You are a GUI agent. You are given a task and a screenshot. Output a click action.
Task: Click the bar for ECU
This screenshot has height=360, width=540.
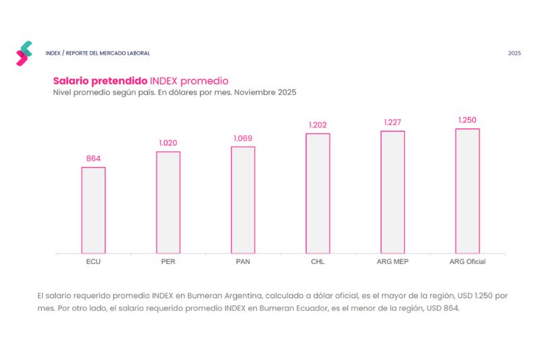tap(93, 210)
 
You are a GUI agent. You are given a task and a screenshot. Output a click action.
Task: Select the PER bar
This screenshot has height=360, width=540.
tap(168, 202)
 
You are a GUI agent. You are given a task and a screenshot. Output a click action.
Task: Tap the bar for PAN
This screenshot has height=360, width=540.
tap(243, 200)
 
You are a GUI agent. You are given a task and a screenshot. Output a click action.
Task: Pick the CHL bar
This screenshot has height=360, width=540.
tap(318, 193)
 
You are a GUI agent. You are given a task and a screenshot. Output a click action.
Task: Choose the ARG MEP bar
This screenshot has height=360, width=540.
tap(393, 192)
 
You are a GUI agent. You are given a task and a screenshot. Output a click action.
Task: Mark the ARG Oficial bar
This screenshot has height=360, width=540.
tap(467, 191)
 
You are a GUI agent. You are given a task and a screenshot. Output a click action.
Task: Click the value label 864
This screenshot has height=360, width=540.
tap(93, 159)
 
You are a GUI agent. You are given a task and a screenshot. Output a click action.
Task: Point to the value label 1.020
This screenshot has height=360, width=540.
tap(168, 143)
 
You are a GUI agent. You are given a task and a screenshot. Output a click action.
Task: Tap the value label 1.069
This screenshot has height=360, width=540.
tap(243, 138)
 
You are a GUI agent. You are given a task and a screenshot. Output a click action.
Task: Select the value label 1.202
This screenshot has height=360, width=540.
tap(318, 125)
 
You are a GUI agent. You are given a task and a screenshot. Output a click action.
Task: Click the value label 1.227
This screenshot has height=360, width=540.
tap(393, 122)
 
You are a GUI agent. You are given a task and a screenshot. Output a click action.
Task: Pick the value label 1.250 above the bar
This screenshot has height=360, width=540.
tap(467, 120)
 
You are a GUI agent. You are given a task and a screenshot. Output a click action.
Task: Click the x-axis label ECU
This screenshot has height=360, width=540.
tap(93, 261)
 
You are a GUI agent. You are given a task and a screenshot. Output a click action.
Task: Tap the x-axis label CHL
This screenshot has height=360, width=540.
tap(318, 261)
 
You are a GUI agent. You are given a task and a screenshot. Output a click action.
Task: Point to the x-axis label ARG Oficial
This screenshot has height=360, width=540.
tap(467, 261)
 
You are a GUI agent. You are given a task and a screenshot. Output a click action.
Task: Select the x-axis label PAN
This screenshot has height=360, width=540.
tap(243, 261)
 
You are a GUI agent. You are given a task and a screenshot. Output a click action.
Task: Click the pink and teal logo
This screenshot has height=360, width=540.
tap(24, 53)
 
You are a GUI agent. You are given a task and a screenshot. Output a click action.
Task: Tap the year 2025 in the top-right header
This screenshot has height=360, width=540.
tap(514, 53)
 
